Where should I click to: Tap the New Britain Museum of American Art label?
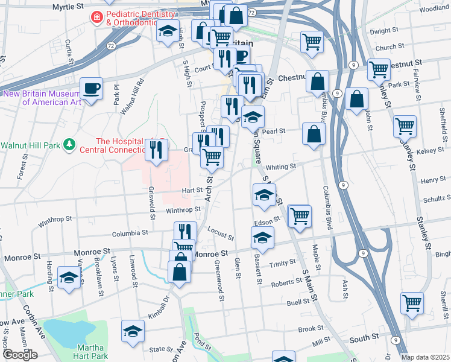coord(42,98)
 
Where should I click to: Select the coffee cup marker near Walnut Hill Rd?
coord(92,89)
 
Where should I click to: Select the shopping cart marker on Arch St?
coord(212,157)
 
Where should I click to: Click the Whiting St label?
coord(281,167)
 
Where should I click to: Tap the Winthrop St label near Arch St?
coord(183,209)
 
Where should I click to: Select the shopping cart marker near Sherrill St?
coord(412,302)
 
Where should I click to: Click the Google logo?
coord(20,355)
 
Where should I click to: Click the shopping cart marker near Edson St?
coord(300,215)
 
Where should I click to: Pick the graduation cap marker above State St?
coord(133,331)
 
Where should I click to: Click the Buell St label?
coord(298,302)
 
